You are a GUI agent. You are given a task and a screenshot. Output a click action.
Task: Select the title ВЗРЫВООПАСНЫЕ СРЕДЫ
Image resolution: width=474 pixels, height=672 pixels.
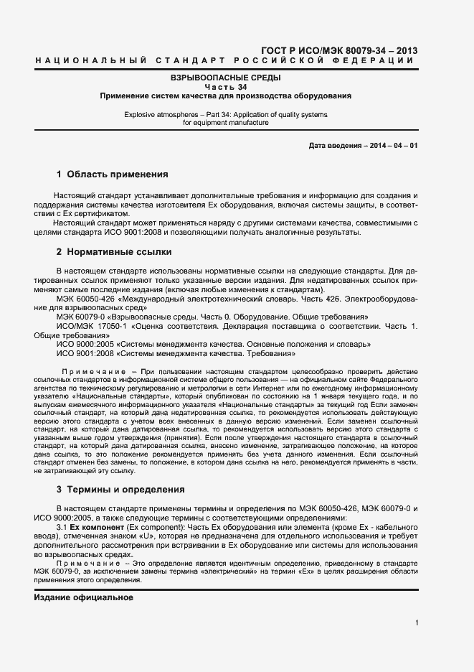(225, 77)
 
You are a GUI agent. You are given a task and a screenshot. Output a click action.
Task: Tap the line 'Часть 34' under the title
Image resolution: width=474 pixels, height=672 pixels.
(225, 86)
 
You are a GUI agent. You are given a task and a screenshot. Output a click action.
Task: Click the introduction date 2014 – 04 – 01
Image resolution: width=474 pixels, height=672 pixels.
(392, 145)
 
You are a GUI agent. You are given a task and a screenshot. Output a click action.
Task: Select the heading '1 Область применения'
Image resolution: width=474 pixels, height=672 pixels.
(112, 174)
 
